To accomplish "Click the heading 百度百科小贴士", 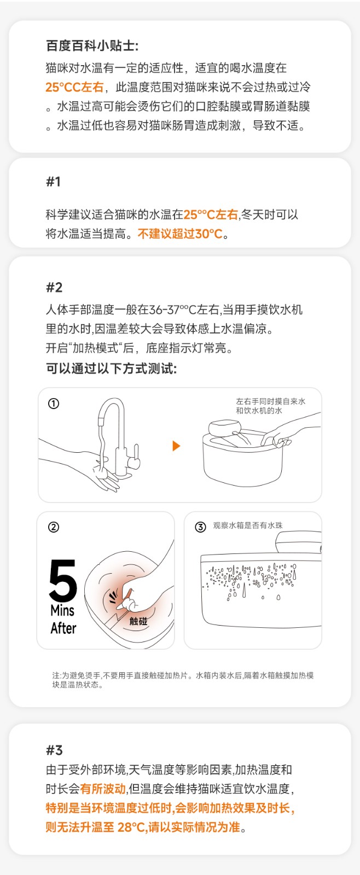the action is point(92,46).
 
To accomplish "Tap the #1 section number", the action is point(53,182).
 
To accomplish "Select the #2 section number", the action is point(54,288).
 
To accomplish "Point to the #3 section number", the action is point(54,750).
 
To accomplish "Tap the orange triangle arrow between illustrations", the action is point(176,446).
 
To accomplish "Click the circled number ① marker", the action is point(53,404).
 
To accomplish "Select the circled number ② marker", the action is point(53,527).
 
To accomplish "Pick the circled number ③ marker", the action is point(200,527).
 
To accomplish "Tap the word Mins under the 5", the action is point(62,610).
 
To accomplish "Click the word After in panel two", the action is point(63,628).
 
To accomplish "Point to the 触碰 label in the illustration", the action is point(138,621).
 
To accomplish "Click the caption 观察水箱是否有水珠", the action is point(248,526).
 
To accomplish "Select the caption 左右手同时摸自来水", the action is point(270,401).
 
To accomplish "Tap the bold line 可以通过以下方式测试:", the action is point(112,369).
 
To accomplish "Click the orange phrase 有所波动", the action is point(103,789).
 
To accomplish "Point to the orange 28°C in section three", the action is point(132,827).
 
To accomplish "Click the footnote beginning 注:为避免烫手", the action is point(183,680).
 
